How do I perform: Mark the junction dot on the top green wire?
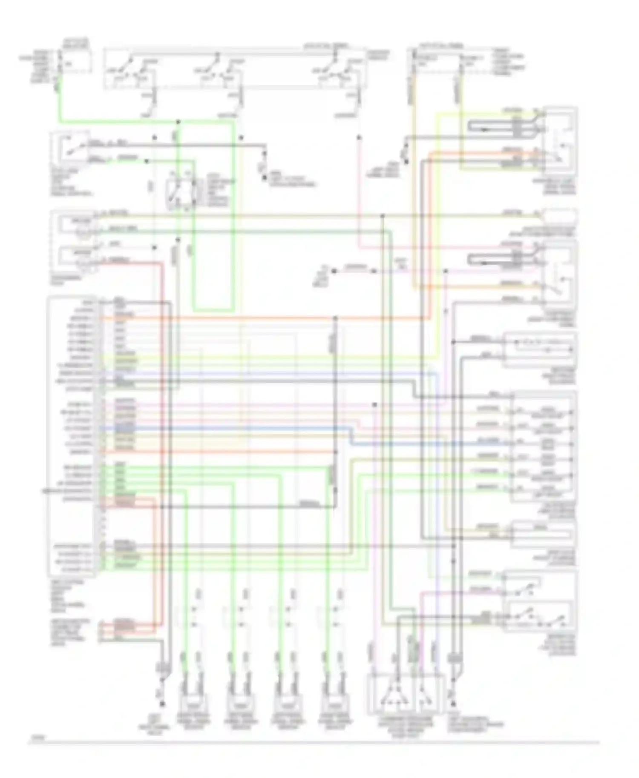click(178, 122)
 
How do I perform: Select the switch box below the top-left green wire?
click(71, 149)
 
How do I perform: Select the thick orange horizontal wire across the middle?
click(264, 318)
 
